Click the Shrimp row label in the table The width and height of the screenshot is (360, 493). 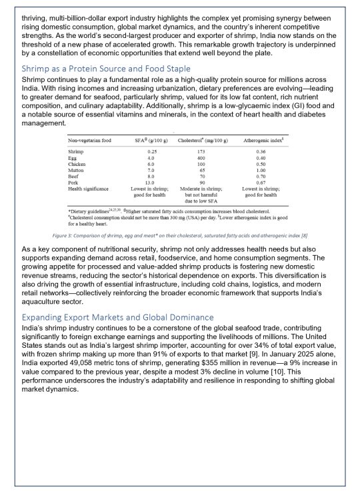75,152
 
